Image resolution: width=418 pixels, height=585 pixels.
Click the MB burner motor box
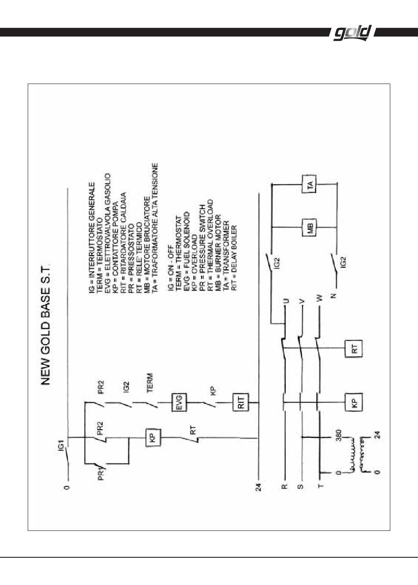(x=309, y=227)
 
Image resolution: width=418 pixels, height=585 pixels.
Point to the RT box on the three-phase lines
(x=354, y=349)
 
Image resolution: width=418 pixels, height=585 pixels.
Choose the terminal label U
(x=286, y=300)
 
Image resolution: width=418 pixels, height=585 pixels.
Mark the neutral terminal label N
(x=334, y=296)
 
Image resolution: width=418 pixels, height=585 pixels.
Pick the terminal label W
(x=320, y=298)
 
